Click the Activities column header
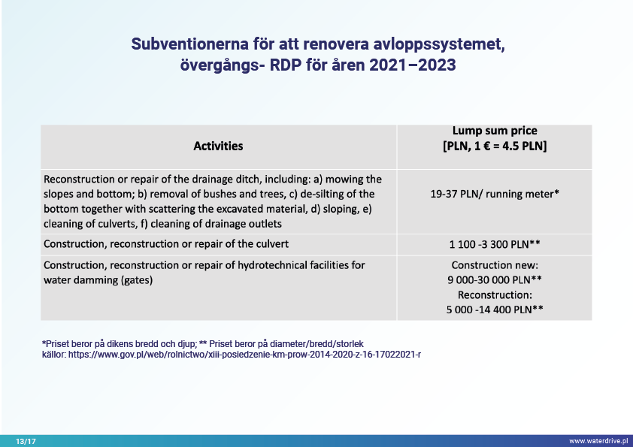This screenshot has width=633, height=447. coord(218,146)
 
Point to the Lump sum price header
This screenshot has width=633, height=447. coord(495,131)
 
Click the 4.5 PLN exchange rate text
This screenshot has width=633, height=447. coord(522,146)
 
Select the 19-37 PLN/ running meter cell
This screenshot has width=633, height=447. coord(495,194)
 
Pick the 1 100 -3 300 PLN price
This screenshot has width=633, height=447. coord(495,244)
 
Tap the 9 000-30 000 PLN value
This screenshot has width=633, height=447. coord(495,280)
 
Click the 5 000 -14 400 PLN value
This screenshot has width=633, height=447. coord(495,310)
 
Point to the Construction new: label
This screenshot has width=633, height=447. coord(495,265)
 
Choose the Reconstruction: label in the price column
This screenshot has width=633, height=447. coord(495,295)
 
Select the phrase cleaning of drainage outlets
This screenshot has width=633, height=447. coord(216,224)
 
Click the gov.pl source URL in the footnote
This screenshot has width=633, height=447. coord(244,355)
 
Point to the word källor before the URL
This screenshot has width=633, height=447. coord(54,355)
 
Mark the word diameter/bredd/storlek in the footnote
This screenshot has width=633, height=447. coord(316,344)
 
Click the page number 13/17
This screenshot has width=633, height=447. coord(26,441)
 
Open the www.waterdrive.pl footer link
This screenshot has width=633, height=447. coord(598,441)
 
